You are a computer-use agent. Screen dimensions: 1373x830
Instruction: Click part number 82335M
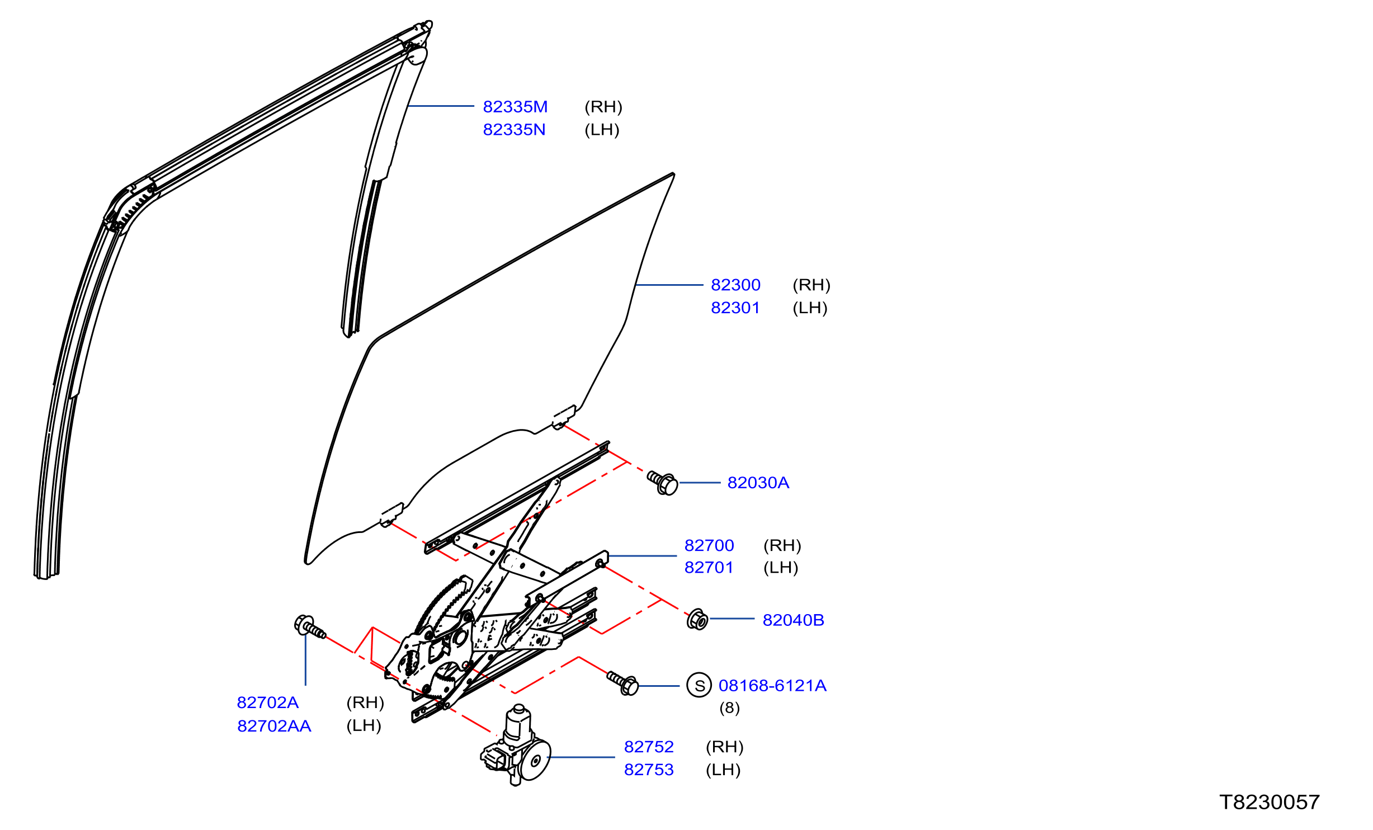(515, 107)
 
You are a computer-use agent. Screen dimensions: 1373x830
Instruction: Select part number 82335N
(514, 130)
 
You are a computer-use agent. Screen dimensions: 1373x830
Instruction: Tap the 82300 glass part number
(735, 285)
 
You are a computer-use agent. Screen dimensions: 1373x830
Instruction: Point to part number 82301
(735, 308)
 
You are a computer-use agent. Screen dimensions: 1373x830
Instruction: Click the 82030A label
(758, 483)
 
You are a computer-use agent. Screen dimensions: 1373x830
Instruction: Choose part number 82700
(709, 545)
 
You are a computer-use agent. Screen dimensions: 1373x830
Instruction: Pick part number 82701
(709, 567)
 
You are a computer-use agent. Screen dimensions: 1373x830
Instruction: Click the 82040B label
(793, 620)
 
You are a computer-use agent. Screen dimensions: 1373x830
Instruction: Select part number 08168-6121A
(772, 686)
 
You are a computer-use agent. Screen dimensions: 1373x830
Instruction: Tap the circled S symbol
(699, 685)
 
